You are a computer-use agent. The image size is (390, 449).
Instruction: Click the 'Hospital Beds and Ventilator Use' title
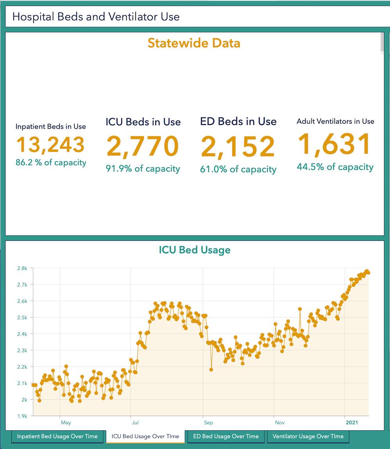click(96, 17)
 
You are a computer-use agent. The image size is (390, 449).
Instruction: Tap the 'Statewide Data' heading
click(194, 43)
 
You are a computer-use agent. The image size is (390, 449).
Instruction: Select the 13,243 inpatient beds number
click(50, 144)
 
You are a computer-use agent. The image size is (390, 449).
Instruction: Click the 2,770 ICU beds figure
click(143, 146)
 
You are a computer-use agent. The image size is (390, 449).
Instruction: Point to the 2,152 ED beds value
click(238, 146)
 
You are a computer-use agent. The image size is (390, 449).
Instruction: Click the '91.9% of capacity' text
click(143, 169)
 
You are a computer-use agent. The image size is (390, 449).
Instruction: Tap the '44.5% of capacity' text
click(335, 167)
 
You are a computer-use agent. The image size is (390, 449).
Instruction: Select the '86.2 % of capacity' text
click(51, 162)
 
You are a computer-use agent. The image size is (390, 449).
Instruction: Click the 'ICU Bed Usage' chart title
click(194, 250)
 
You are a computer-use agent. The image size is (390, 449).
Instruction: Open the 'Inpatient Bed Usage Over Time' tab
click(57, 436)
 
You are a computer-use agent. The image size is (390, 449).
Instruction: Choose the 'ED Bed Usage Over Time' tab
click(226, 436)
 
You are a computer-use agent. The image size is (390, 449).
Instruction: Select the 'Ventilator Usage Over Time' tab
click(308, 436)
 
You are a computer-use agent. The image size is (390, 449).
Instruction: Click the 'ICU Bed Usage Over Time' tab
click(145, 436)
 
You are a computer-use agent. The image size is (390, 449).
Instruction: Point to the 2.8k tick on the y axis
click(22, 268)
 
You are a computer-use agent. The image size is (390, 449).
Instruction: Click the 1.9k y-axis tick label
click(22, 416)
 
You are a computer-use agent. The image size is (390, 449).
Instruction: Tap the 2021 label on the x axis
click(351, 423)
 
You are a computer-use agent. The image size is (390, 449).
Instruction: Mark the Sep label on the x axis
click(208, 423)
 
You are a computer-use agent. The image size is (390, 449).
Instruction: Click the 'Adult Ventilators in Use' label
click(335, 121)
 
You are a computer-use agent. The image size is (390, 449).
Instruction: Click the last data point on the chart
click(368, 273)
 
